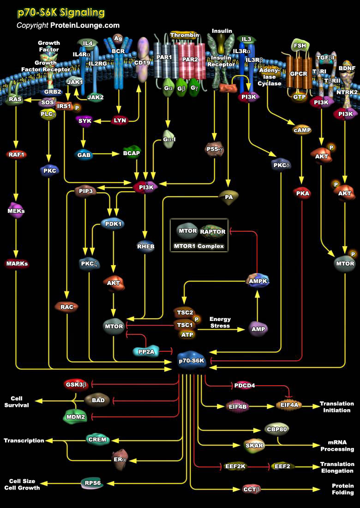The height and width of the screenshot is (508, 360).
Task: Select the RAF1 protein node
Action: coord(17,155)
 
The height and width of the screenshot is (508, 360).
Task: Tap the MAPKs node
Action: coord(17,264)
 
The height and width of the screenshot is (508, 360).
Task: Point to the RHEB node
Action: coord(145,246)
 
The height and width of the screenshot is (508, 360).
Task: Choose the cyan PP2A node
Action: coord(145,351)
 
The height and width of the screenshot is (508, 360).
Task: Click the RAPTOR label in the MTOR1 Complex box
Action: coord(213,231)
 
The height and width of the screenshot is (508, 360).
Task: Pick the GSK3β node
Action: coord(75,384)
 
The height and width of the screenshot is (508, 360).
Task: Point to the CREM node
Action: coord(97,440)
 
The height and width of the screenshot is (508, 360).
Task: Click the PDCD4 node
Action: coord(244,385)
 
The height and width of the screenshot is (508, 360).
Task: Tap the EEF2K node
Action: coord(235,466)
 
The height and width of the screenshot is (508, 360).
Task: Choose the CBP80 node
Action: coord(276,429)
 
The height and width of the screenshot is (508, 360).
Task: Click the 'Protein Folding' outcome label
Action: coord(342,489)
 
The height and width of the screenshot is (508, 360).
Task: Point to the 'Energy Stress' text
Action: coord(220,322)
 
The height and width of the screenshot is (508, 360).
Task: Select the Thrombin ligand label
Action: coord(184,35)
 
